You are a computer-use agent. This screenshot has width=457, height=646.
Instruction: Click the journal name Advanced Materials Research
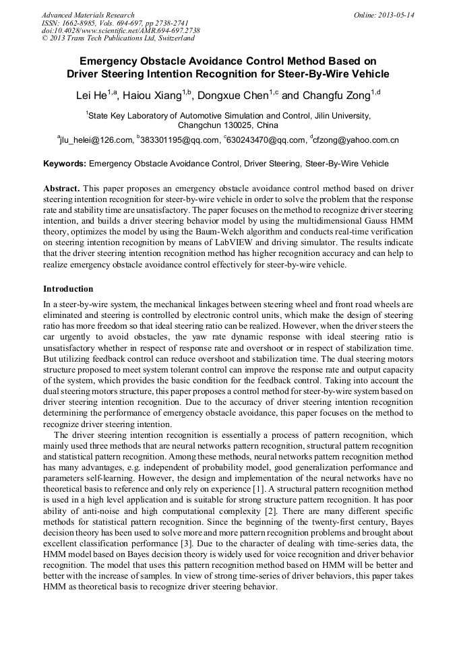coord(88,15)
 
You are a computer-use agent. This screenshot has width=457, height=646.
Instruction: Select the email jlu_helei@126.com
coord(96,140)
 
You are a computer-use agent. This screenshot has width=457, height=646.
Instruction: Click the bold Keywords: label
coord(65,163)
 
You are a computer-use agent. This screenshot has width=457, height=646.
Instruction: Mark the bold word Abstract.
coord(62,188)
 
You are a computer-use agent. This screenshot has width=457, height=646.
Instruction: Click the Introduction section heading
coord(68,289)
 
